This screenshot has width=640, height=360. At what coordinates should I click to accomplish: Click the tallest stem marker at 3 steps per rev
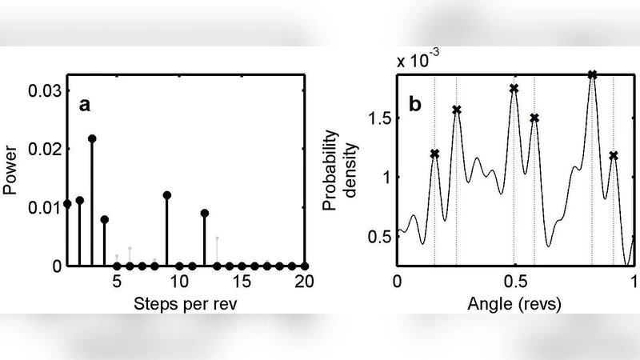click(92, 138)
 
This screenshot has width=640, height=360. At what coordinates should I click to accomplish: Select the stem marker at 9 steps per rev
click(167, 195)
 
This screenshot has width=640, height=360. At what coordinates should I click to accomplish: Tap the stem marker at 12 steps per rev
click(205, 213)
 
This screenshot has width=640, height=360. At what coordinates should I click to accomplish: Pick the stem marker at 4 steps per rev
click(105, 219)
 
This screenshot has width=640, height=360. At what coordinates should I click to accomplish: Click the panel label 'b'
click(415, 105)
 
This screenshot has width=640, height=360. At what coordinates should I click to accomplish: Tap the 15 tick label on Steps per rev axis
click(242, 282)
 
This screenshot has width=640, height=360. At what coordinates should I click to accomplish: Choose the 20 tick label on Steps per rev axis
click(304, 282)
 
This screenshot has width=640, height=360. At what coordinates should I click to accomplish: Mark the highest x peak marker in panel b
click(592, 74)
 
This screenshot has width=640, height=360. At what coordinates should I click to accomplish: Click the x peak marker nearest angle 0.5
click(514, 88)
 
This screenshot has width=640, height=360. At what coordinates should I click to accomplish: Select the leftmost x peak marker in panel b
click(434, 154)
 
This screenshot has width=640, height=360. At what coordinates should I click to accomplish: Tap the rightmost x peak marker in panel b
click(614, 155)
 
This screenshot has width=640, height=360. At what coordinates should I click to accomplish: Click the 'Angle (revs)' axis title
click(515, 305)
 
